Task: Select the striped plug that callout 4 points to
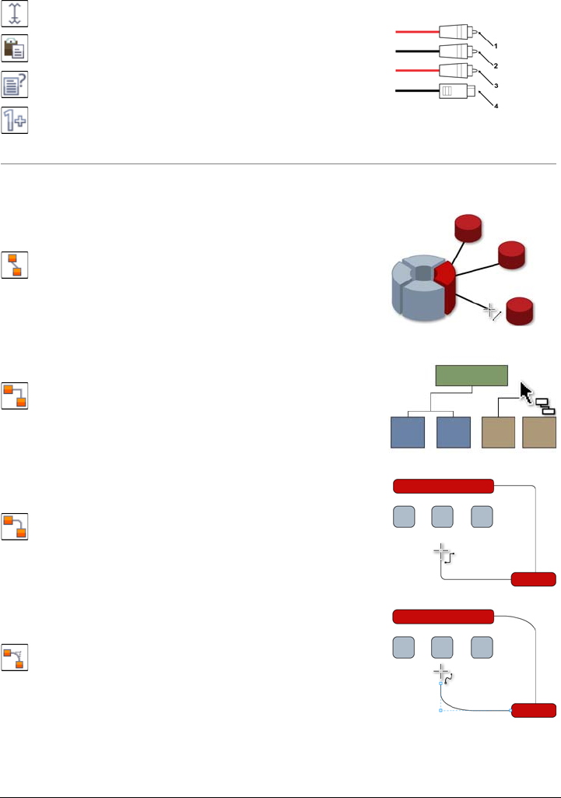[x=452, y=91]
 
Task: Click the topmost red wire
[x=417, y=33]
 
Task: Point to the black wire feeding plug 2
[x=417, y=52]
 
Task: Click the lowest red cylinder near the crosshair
[x=520, y=310]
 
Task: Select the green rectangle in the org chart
[x=471, y=376]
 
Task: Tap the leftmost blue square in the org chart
[x=407, y=432]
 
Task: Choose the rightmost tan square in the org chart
[x=539, y=432]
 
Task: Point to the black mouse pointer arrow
[x=526, y=391]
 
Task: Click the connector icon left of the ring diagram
[x=16, y=265]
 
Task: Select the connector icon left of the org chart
[x=16, y=396]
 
